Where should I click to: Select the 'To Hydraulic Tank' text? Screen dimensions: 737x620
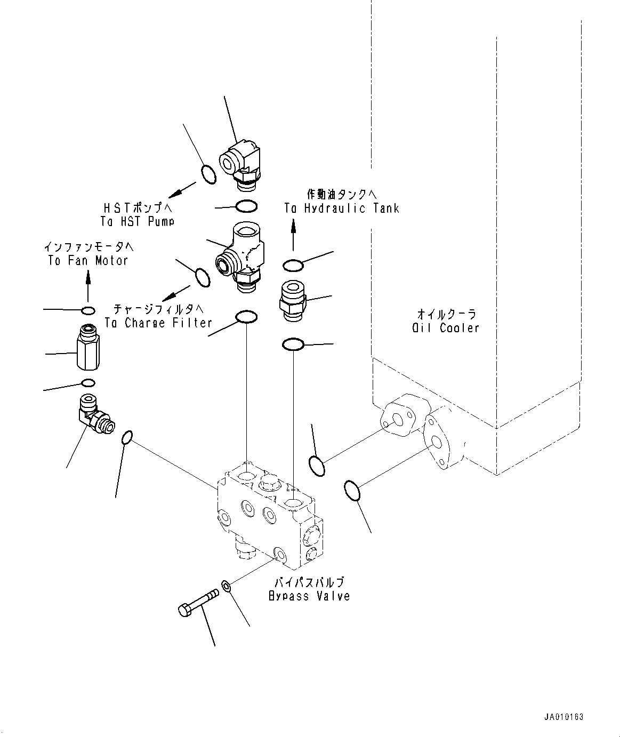[342, 209]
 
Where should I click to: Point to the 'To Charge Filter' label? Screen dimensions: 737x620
[158, 323]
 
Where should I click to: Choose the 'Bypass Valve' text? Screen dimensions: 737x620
[310, 596]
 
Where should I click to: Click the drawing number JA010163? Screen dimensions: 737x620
[564, 717]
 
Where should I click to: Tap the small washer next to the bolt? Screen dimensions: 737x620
[227, 587]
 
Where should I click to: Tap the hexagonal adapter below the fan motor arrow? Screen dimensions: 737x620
[88, 348]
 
